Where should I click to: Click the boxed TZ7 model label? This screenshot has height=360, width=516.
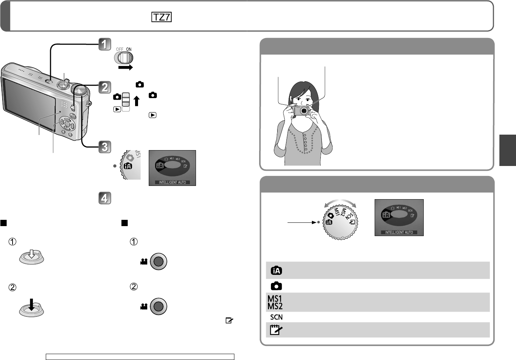(x=161, y=17)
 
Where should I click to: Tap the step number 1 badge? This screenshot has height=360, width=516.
(x=105, y=44)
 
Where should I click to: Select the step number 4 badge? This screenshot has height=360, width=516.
(x=105, y=198)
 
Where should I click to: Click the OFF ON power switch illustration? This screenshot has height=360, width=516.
(x=124, y=57)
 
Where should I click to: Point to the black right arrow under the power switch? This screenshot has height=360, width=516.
(x=125, y=68)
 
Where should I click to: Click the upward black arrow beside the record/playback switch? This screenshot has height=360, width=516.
(x=137, y=101)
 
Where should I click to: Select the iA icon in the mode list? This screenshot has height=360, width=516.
(x=276, y=270)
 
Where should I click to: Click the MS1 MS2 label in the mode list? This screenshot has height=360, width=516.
(x=275, y=302)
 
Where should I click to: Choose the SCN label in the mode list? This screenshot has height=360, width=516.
(x=276, y=317)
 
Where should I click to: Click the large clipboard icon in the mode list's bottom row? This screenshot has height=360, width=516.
(x=276, y=330)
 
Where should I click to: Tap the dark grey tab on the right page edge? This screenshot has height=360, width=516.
(x=508, y=150)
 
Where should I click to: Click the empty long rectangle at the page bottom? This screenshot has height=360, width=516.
(x=140, y=357)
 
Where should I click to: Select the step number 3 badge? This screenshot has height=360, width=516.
(x=105, y=147)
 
